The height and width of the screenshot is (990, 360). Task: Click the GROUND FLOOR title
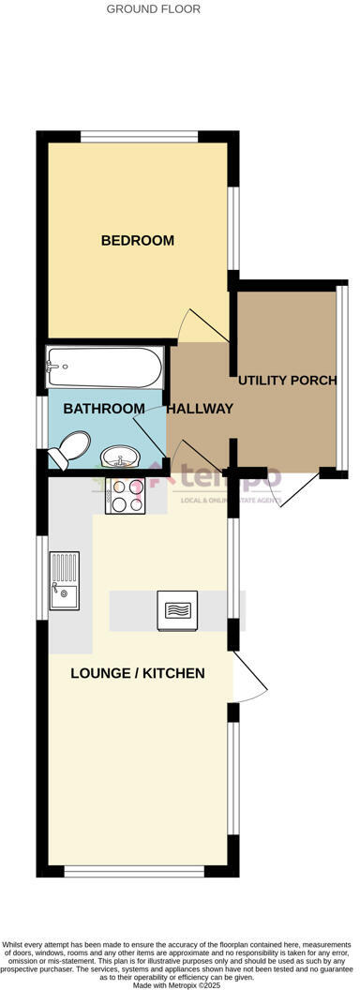click(x=153, y=9)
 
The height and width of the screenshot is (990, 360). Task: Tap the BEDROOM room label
click(x=138, y=241)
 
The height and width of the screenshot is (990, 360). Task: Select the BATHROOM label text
click(x=104, y=409)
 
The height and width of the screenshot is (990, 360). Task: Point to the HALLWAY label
click(x=200, y=409)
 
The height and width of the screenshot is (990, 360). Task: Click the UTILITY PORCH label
click(x=286, y=381)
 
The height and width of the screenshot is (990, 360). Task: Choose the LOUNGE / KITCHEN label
click(x=138, y=673)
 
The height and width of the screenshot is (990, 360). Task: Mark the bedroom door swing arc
click(x=200, y=326)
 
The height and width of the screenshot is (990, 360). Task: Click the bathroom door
click(x=150, y=436)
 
